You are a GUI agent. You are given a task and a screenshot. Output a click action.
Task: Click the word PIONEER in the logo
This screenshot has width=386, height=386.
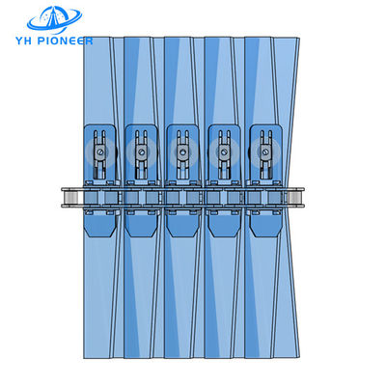point(65,41)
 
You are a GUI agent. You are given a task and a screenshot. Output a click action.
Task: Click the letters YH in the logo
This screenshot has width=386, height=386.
point(23,41)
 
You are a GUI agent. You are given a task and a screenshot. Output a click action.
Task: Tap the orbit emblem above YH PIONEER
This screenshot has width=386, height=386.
point(54,20)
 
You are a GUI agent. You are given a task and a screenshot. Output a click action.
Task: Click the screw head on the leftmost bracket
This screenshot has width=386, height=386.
point(99,152)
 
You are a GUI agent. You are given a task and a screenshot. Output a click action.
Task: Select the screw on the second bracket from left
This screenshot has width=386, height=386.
point(141,152)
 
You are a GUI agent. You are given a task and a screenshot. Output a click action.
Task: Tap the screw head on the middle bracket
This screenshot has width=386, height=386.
point(182,152)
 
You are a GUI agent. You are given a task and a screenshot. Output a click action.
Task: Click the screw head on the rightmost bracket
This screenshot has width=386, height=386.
point(265,152)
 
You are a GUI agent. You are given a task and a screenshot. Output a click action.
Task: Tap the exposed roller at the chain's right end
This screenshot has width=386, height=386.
point(295,197)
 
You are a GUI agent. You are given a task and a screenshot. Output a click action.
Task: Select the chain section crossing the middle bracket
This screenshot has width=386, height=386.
point(182,197)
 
